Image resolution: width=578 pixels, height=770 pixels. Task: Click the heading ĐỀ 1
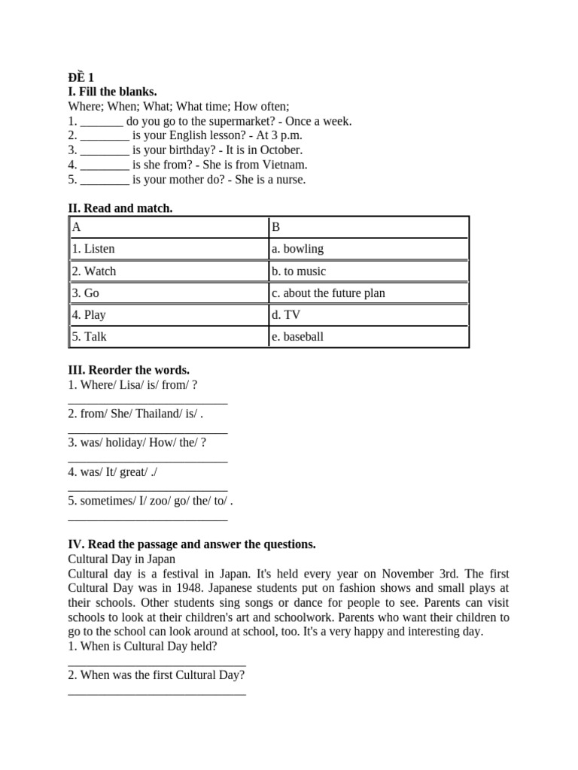pyautogui.click(x=81, y=77)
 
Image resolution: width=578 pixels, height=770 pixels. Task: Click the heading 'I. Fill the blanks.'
pyautogui.click(x=112, y=92)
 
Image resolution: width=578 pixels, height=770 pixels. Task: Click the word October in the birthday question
pyautogui.click(x=281, y=150)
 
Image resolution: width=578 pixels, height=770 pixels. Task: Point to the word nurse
pyautogui.click(x=291, y=179)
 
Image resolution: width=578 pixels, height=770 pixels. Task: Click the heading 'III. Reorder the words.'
pyautogui.click(x=129, y=370)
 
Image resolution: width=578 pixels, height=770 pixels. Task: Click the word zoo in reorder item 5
pyautogui.click(x=160, y=501)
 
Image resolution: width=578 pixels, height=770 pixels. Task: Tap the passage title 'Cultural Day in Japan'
pyautogui.click(x=121, y=559)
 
